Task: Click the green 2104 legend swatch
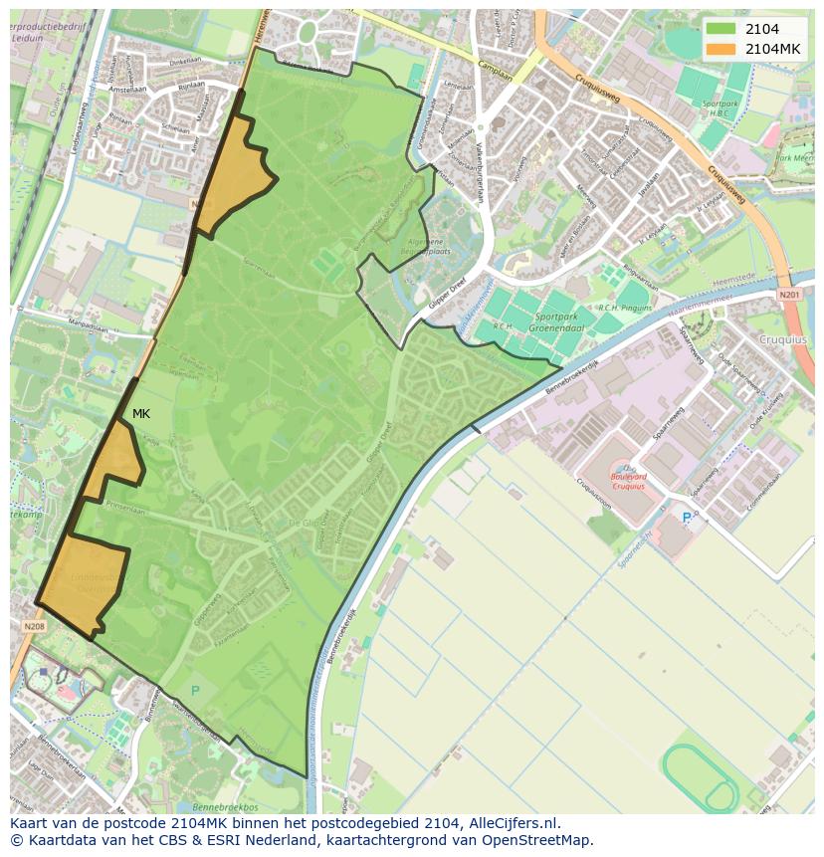[721, 29]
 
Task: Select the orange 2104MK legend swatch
[721, 49]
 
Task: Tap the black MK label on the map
[141, 414]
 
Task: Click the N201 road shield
[789, 295]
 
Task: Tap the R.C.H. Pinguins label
[624, 309]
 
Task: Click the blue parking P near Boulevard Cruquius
[687, 518]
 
